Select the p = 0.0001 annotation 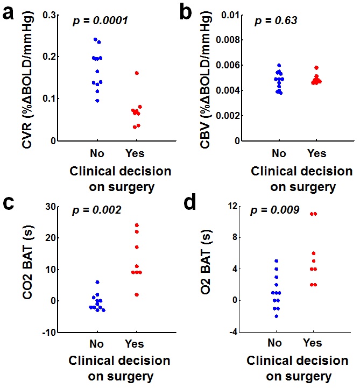click(x=101, y=22)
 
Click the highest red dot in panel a click(x=137, y=73)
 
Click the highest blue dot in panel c click(x=97, y=282)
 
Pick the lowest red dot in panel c click(x=137, y=294)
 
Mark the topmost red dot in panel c click(x=137, y=225)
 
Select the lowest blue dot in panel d click(x=276, y=316)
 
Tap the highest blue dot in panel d click(x=276, y=261)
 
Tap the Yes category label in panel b click(x=316, y=153)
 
